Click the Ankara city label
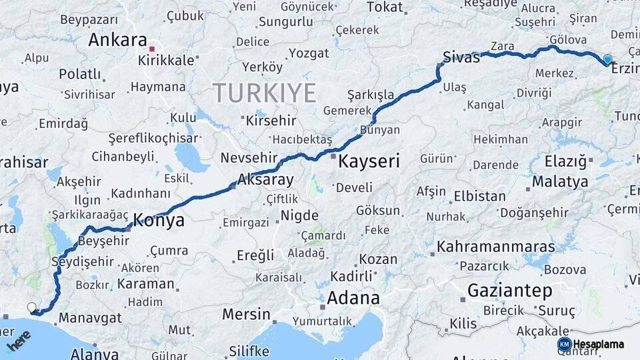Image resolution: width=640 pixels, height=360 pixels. coord(117,40)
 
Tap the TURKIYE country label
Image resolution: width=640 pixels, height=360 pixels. coord(264,93)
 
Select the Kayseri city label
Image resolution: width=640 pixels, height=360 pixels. coord(369,161)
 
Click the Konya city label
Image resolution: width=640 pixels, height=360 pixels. coord(159,221)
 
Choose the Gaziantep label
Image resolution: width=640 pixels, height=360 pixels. coord(510,291)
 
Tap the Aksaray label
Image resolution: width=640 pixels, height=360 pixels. coord(265,179)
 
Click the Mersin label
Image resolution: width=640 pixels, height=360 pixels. coord(246,314)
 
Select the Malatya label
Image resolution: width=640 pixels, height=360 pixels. coord(559,181)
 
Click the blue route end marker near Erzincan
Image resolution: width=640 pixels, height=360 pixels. coord(607,59)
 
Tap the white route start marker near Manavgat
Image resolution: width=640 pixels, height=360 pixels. coord(31,307)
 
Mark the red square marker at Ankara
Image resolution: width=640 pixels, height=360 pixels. coord(152,49)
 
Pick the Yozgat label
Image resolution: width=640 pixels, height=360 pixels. coord(308,53)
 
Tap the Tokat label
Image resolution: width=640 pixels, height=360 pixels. coord(385,7)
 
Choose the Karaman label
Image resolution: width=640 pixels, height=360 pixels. coord(145,283)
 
